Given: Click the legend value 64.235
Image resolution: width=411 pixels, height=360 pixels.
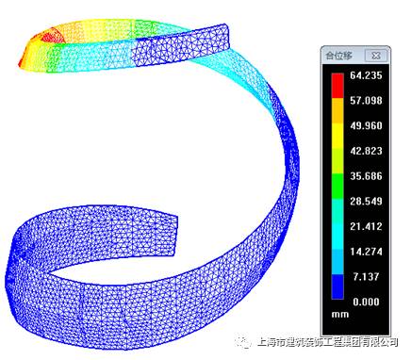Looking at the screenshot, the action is tap(366, 75).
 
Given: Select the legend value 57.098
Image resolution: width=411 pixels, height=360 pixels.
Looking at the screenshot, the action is tap(366, 101).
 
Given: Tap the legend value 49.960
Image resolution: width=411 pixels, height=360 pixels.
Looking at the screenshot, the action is tap(366, 125).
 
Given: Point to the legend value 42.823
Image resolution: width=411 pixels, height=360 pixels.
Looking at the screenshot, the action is tap(366, 151).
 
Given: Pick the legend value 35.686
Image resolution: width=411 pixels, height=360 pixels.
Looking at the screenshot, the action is tap(366, 176).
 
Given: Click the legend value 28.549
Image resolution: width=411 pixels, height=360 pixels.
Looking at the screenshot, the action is tap(366, 201).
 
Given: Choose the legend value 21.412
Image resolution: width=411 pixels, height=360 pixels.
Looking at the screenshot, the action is tap(366, 226).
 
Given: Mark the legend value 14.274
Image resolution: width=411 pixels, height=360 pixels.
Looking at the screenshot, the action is tap(366, 252).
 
